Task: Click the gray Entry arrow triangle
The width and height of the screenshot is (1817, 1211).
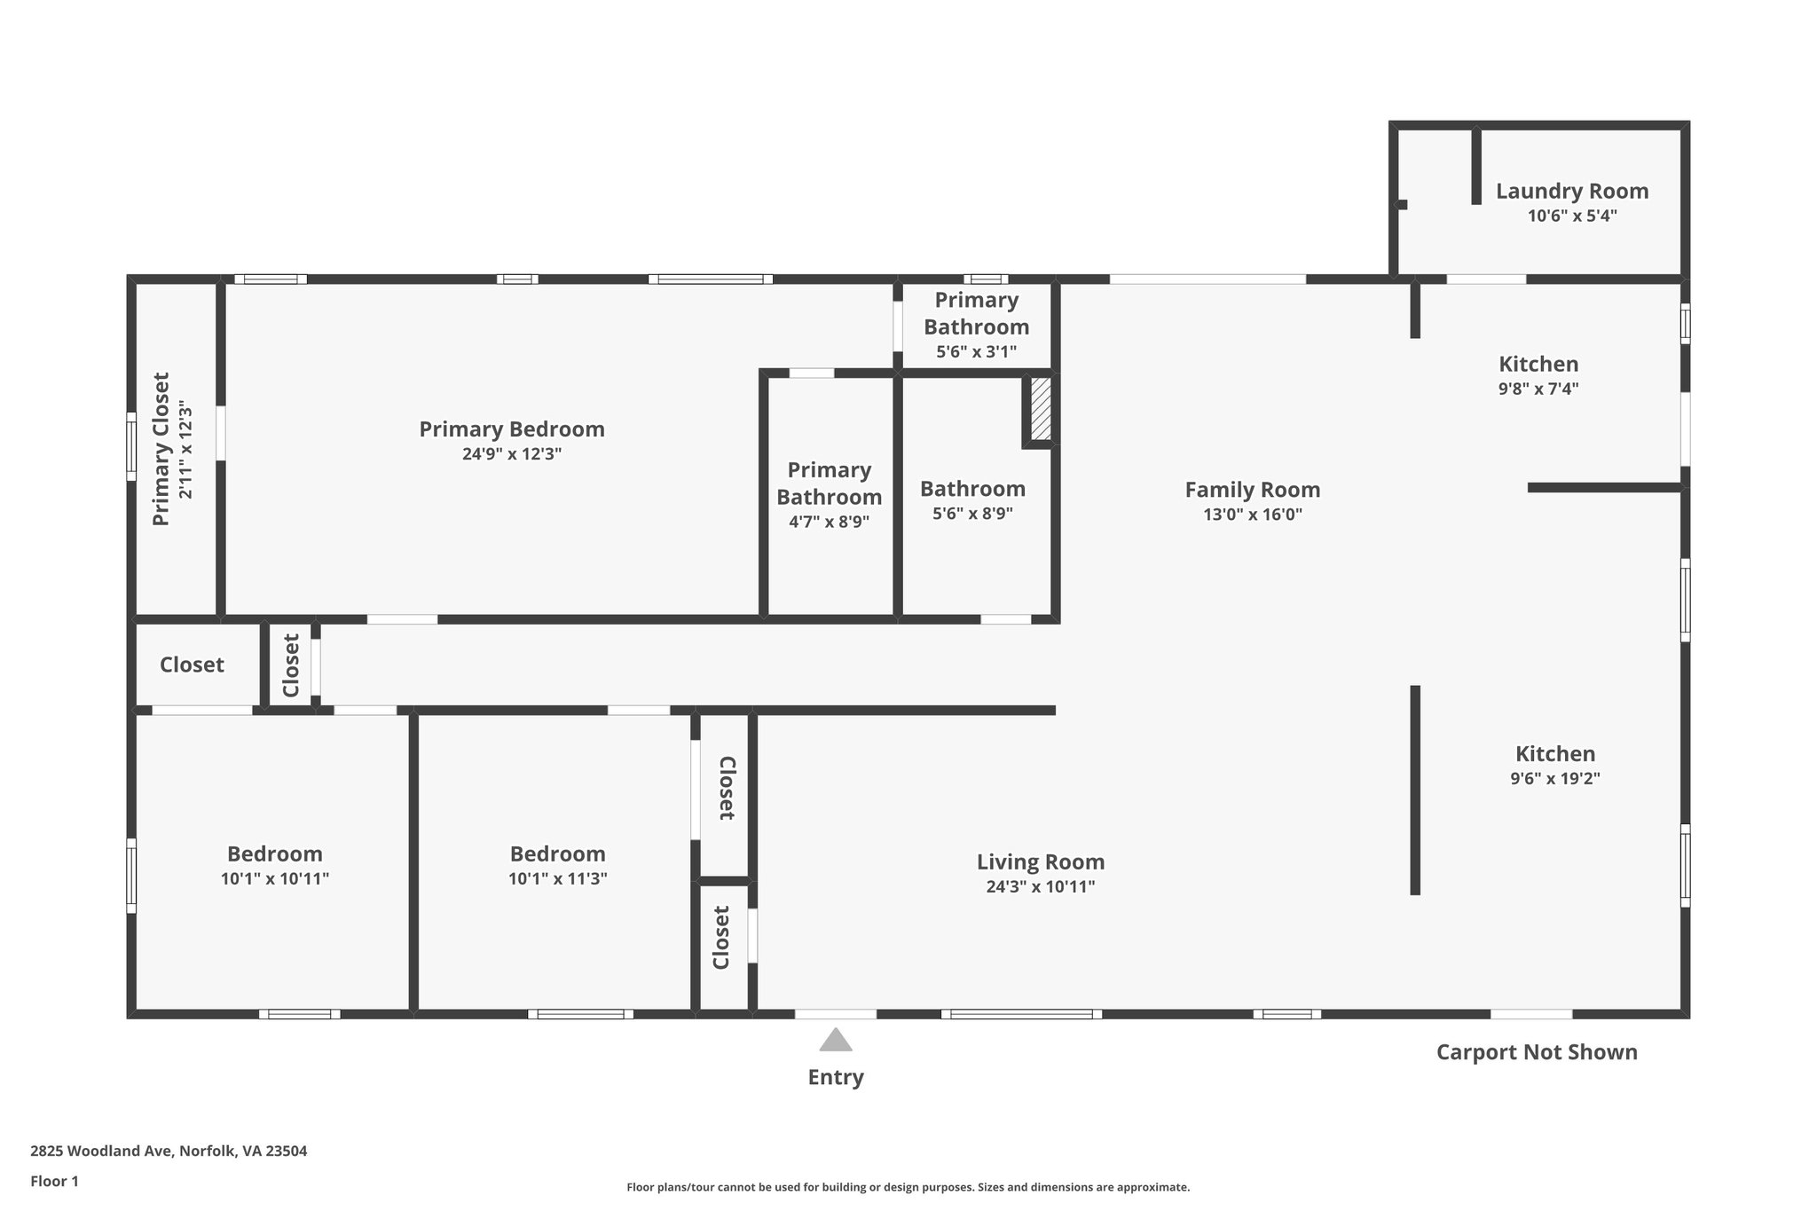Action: (x=836, y=1040)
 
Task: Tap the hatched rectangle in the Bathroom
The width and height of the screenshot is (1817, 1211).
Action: (x=1041, y=409)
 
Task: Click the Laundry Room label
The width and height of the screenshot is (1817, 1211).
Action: (x=1572, y=191)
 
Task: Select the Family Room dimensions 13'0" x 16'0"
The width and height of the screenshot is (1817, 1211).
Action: (x=1253, y=515)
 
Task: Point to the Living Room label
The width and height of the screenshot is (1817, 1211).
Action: (x=1041, y=861)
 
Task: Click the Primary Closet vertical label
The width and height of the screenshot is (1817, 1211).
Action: (x=161, y=449)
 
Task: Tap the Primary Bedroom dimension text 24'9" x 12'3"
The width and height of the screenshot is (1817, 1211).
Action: (x=512, y=454)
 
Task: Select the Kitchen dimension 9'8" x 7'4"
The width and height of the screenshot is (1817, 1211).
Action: (x=1538, y=389)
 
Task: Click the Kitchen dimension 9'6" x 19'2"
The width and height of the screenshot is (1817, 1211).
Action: (x=1555, y=779)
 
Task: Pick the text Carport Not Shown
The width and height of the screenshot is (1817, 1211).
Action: (x=1537, y=1052)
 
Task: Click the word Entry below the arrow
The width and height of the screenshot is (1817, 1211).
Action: (x=836, y=1077)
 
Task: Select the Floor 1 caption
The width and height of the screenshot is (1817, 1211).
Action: (x=55, y=1182)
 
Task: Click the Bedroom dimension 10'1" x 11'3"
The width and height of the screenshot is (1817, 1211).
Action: (x=558, y=879)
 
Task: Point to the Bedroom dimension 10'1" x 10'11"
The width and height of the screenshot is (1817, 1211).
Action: (x=275, y=879)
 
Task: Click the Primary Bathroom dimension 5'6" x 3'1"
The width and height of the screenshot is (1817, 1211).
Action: (x=976, y=352)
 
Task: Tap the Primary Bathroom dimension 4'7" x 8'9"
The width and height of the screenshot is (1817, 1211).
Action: (x=829, y=522)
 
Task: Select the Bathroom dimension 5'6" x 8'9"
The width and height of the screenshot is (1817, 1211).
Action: (x=972, y=514)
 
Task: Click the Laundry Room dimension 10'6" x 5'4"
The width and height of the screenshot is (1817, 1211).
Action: (x=1572, y=216)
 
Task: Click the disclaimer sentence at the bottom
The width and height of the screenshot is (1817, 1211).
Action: (x=908, y=1187)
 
